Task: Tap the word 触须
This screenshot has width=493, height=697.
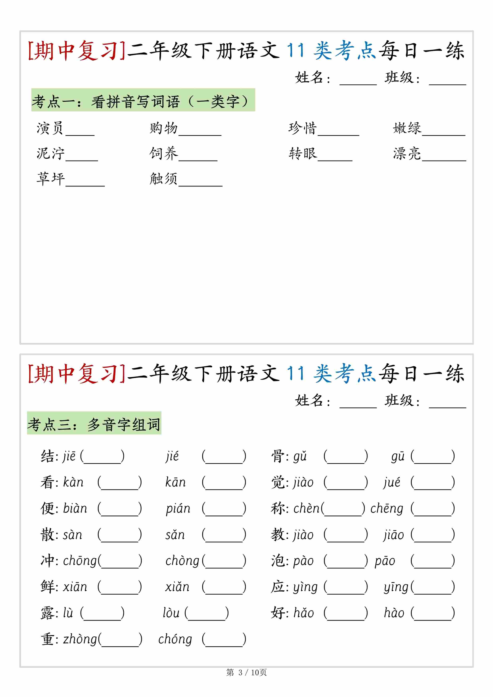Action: (x=163, y=179)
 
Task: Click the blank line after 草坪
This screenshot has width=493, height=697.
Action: (x=85, y=182)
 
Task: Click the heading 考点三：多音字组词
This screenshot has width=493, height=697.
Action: (x=94, y=424)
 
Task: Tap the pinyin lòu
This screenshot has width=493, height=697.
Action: (x=171, y=613)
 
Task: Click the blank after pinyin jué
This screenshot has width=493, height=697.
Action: (x=433, y=483)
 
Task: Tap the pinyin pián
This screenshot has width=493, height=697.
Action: (x=178, y=509)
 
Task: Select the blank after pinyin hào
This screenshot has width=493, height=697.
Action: (x=433, y=613)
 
